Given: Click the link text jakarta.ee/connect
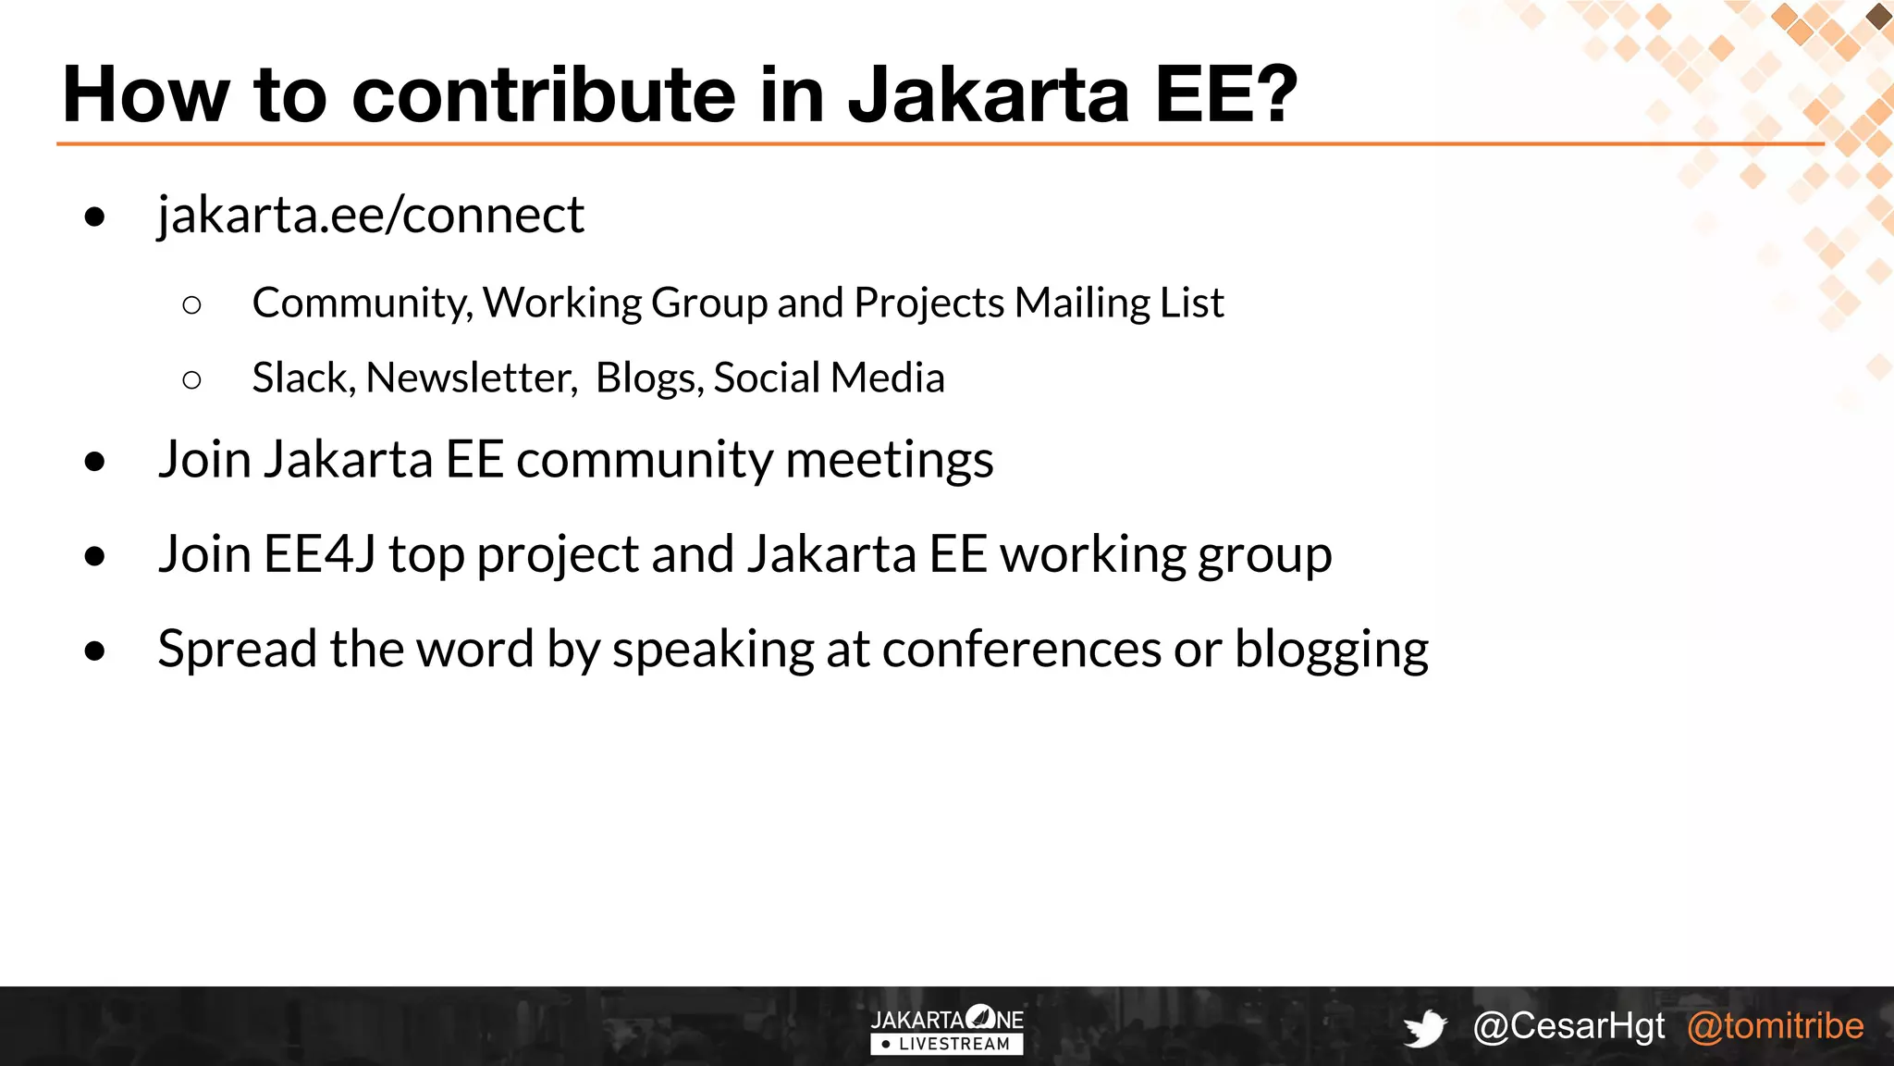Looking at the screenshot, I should (x=370, y=216).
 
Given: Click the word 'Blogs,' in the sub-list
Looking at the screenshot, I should (x=649, y=378).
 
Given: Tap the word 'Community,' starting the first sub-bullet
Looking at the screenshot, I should (x=363, y=303).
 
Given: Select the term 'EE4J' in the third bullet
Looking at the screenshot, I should (x=319, y=554).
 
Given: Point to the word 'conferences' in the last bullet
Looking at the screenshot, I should (x=1021, y=650).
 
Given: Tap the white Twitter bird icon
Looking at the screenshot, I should (x=1425, y=1028).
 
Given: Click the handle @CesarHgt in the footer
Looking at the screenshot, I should (x=1568, y=1026).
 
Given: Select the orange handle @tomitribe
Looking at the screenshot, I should (x=1775, y=1026).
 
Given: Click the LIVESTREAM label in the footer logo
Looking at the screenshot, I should (x=953, y=1045).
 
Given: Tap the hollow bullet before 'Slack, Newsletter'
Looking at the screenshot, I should (x=192, y=379).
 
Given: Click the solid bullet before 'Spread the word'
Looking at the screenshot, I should (x=94, y=651).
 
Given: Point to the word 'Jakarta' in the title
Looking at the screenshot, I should (x=988, y=94).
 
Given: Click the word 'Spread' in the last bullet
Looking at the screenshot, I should (x=237, y=650).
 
